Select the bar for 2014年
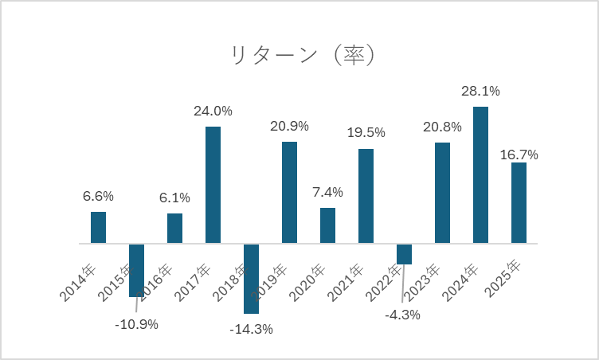[x=98, y=227]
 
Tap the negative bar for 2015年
[x=136, y=270]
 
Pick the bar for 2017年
[x=213, y=185]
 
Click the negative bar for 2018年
[x=251, y=278]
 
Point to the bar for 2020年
[x=327, y=225]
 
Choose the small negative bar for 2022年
[x=404, y=253]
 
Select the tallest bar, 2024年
[x=480, y=174]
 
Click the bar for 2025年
[x=519, y=202]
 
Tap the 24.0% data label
[x=213, y=112]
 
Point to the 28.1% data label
[x=480, y=92]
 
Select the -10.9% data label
[x=136, y=324]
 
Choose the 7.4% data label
[x=327, y=192]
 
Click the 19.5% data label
[x=366, y=133]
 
